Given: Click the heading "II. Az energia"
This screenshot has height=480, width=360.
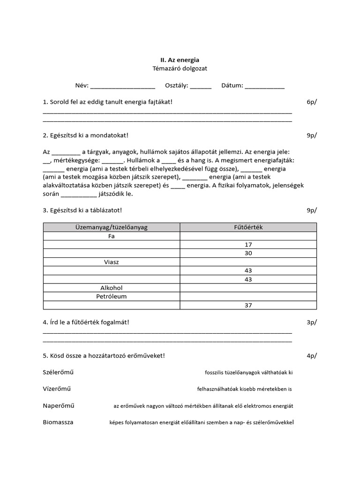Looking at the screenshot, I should pyautogui.click(x=180, y=60).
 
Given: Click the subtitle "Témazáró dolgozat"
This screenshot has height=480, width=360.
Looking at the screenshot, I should pyautogui.click(x=180, y=68).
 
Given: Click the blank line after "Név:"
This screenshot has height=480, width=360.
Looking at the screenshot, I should pyautogui.click(x=122, y=87).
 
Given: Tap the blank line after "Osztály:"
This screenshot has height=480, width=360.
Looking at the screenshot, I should pyautogui.click(x=201, y=87).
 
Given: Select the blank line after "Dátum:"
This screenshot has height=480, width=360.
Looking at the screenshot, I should pyautogui.click(x=264, y=87).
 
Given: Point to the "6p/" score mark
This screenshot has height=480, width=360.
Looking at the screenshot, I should pyautogui.click(x=312, y=102).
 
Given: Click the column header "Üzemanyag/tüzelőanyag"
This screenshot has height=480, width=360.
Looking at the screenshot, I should pyautogui.click(x=112, y=227).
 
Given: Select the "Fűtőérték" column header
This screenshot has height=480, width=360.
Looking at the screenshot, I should pyautogui.click(x=248, y=227).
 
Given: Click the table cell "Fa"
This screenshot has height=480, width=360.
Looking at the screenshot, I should pyautogui.click(x=112, y=236).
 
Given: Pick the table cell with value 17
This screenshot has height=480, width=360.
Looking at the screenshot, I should pyautogui.click(x=248, y=245).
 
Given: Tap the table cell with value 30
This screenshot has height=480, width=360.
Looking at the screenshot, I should pyautogui.click(x=248, y=253).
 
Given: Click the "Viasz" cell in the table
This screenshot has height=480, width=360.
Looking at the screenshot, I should pyautogui.click(x=112, y=262).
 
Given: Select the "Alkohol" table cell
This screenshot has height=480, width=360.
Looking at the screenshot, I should pyautogui.click(x=112, y=288).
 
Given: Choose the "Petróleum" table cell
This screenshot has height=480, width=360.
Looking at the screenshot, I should pyautogui.click(x=112, y=296).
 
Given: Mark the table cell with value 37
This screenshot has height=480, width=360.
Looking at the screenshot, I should pyautogui.click(x=248, y=305).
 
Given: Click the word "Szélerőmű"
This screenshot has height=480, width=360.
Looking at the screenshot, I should pyautogui.click(x=59, y=372).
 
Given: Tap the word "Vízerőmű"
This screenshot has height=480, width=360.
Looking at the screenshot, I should pyautogui.click(x=57, y=389).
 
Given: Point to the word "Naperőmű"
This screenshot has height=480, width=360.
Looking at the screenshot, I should pyautogui.click(x=59, y=405).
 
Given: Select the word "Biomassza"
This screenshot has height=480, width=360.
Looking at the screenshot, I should pyautogui.click(x=58, y=422).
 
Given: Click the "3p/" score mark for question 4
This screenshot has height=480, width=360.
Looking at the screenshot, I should pyautogui.click(x=312, y=322).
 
